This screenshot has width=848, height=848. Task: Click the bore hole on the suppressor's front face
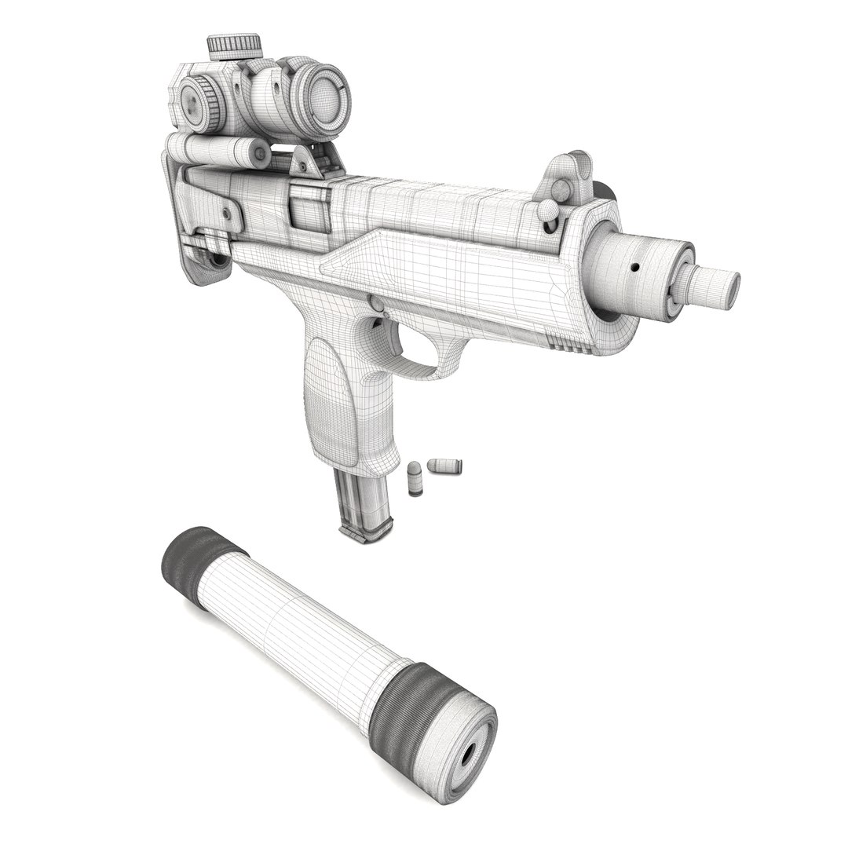pos(470,756)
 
